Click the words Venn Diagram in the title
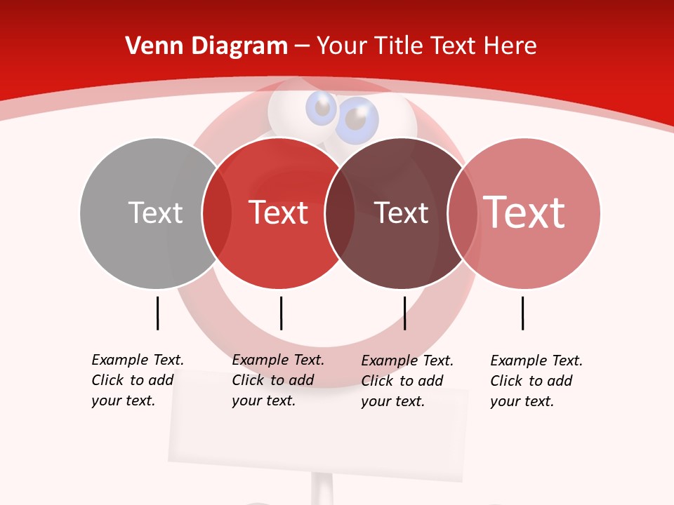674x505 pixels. [206, 46]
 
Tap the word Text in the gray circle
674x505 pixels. [155, 213]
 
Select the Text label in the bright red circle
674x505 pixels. [279, 213]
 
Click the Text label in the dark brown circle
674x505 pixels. [401, 213]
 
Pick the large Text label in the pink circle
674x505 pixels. [524, 213]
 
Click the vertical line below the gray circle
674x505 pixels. [157, 313]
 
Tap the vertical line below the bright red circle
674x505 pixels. [281, 313]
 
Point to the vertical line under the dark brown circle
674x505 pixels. [404, 313]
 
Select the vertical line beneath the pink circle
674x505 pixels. [522, 313]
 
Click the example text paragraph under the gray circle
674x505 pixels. [137, 380]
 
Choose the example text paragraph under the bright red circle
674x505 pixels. [277, 380]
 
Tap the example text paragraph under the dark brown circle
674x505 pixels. [407, 381]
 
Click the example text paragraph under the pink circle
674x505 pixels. [536, 381]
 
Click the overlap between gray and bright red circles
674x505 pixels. [217, 213]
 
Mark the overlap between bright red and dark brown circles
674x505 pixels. [340, 213]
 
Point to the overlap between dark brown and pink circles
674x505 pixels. [462, 213]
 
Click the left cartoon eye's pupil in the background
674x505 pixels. [323, 108]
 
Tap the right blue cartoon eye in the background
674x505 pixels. [357, 120]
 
